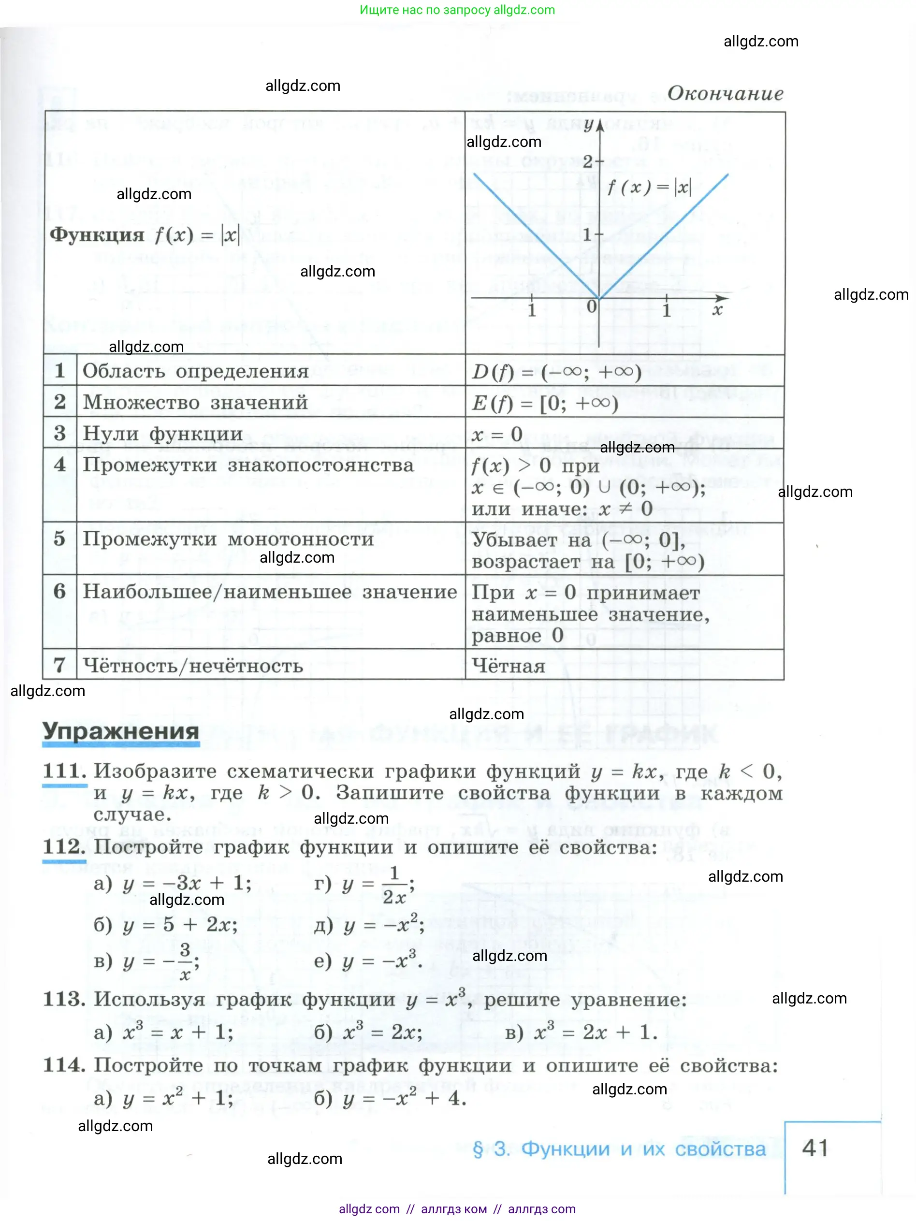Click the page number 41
pos(815,1148)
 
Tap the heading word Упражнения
pos(121,731)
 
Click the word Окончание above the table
pos(725,94)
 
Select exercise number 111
pos(65,770)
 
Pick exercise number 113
pos(64,999)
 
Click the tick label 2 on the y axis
pos(587,162)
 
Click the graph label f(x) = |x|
pos(649,188)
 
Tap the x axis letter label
pos(717,310)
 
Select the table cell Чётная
pos(509,666)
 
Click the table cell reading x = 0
pos(497,435)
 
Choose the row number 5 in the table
pos(59,539)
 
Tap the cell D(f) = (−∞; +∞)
pos(556,372)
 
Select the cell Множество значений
pos(195,402)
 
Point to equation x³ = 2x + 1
pos(595,1032)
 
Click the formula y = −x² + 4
pos(404,1098)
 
